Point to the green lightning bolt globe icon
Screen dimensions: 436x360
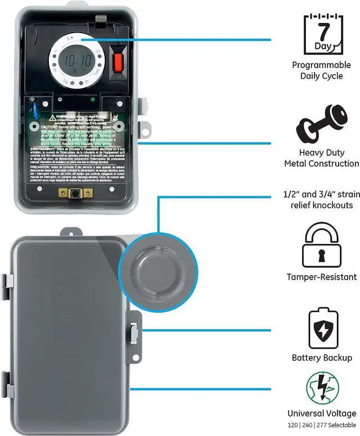tap(322, 389)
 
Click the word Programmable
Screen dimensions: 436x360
tap(321, 65)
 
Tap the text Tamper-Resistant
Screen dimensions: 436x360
tap(322, 277)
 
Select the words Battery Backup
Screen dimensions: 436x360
tap(322, 358)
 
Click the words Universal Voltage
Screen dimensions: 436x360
tap(322, 413)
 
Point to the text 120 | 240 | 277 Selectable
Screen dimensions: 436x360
tap(322, 425)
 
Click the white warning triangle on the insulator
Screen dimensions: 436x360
tap(52, 118)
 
